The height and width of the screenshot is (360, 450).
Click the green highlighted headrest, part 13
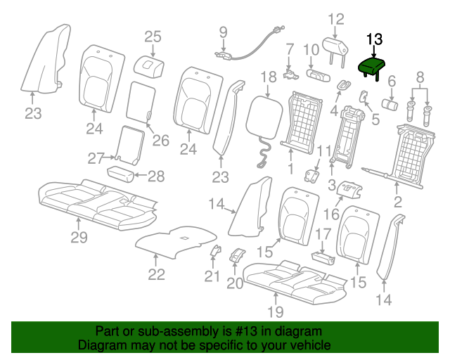372,67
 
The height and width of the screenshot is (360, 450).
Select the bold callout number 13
374,39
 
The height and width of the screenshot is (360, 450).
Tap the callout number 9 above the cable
224,32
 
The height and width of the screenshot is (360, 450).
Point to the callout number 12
336,19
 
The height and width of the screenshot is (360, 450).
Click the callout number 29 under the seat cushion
79,238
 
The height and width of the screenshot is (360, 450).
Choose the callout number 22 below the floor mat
156,274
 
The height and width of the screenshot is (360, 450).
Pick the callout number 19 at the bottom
276,311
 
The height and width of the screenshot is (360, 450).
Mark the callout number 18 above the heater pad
269,77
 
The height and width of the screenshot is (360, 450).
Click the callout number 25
153,37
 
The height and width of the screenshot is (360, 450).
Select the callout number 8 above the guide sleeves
420,77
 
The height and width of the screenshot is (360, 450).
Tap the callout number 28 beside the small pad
156,176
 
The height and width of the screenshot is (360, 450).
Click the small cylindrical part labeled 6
390,104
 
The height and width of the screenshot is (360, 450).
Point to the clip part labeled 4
343,85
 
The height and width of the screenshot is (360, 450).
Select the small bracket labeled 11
311,175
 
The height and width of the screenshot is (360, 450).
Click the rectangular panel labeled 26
141,103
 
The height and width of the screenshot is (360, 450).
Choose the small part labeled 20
237,255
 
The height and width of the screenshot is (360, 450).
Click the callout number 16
331,214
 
